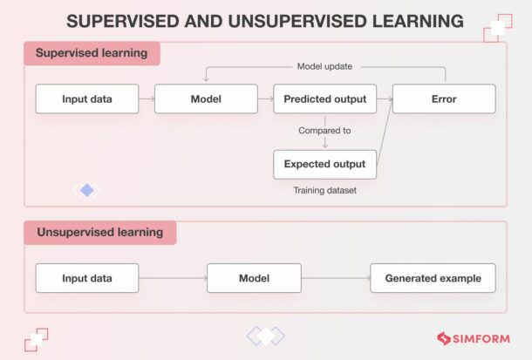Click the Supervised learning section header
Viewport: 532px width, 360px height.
click(92, 53)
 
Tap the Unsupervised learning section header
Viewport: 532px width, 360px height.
click(99, 233)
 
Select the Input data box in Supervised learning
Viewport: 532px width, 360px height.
click(87, 98)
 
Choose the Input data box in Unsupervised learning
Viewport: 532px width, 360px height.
click(87, 278)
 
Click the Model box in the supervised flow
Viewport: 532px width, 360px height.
click(206, 98)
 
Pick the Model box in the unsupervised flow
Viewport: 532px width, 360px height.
click(254, 278)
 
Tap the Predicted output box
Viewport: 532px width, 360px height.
click(324, 98)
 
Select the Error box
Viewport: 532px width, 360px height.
click(443, 98)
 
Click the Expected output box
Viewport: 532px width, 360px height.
click(324, 164)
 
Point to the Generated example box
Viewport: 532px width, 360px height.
click(433, 278)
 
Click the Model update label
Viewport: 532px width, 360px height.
click(324, 67)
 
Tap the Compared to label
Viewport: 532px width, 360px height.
click(324, 131)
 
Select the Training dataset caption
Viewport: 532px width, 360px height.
click(324, 188)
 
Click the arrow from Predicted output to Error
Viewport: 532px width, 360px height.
click(384, 98)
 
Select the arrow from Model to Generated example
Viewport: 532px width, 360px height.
click(336, 278)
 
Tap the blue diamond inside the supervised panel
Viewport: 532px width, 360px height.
click(86, 190)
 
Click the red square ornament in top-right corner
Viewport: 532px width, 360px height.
click(496, 28)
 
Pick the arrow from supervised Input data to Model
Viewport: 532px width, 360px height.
click(147, 98)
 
